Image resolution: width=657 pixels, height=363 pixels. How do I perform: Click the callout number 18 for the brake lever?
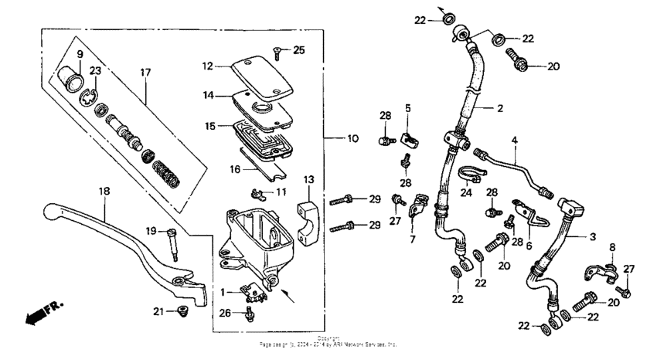pyautogui.click(x=104, y=190)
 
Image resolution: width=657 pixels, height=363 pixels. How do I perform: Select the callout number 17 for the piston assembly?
pyautogui.click(x=145, y=73)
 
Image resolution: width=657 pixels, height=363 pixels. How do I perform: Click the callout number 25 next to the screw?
pyautogui.click(x=299, y=50)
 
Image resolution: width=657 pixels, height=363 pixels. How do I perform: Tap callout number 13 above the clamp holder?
pyautogui.click(x=309, y=180)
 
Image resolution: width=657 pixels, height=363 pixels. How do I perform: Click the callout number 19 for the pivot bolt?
pyautogui.click(x=152, y=230)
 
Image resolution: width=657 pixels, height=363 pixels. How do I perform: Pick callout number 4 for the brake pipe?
pyautogui.click(x=513, y=141)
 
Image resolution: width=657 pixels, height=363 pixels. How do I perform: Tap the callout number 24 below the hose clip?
pyautogui.click(x=466, y=192)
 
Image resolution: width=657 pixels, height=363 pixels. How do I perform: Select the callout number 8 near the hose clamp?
pyautogui.click(x=611, y=248)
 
